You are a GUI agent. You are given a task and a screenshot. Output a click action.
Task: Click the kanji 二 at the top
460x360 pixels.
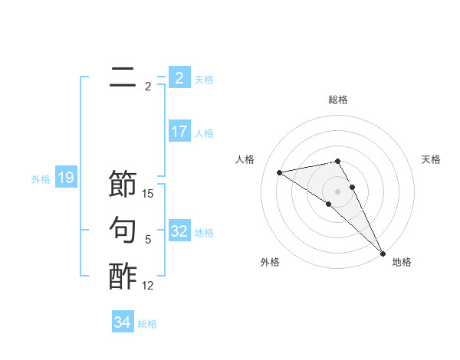click(x=123, y=78)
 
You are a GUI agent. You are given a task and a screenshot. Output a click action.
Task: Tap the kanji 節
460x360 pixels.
click(x=123, y=184)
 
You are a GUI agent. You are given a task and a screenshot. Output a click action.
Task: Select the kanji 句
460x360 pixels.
click(x=123, y=230)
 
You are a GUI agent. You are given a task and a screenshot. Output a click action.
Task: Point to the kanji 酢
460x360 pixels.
click(x=123, y=276)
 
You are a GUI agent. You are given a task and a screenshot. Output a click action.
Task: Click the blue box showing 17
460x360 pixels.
click(x=179, y=132)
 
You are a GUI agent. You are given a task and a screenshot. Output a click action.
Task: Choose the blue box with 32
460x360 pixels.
click(x=179, y=231)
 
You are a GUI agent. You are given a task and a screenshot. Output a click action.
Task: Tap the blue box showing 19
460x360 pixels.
click(x=66, y=178)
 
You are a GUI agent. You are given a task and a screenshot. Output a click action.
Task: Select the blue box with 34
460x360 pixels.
click(x=123, y=322)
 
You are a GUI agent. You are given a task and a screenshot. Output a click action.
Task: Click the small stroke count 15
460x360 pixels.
click(x=148, y=194)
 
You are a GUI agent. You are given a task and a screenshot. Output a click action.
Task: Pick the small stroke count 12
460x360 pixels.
click(x=148, y=286)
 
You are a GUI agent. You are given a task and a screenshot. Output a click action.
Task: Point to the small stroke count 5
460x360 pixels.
click(x=148, y=240)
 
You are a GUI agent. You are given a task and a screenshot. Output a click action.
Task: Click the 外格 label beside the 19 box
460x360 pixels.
click(x=41, y=179)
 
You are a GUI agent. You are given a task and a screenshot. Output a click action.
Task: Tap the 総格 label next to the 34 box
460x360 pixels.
click(x=147, y=324)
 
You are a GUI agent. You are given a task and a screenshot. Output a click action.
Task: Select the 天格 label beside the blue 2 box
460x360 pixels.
click(x=204, y=79)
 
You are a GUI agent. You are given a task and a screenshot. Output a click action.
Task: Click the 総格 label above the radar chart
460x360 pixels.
click(x=338, y=100)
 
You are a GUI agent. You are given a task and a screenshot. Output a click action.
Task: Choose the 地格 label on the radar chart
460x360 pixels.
click(x=402, y=262)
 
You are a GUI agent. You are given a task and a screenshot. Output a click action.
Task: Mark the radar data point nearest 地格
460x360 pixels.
click(x=382, y=253)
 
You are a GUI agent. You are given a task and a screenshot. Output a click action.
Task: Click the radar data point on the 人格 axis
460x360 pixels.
click(x=280, y=172)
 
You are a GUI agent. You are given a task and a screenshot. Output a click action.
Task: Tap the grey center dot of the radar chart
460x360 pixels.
click(x=337, y=191)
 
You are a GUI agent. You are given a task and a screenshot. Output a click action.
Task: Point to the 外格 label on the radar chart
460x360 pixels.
click(x=270, y=262)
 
